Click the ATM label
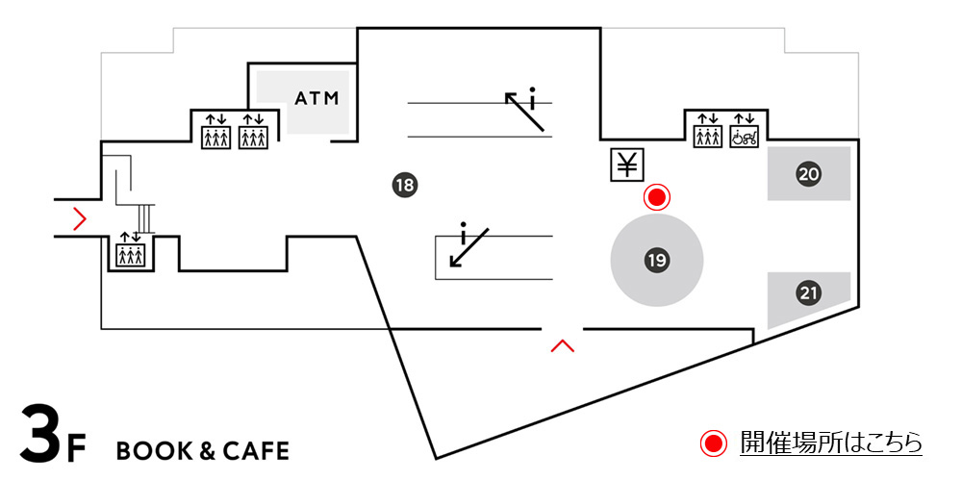(317, 98)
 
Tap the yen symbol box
(627, 165)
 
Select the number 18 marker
(404, 185)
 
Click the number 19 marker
(657, 260)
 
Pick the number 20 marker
(808, 174)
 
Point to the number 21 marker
(808, 292)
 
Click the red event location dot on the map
(657, 197)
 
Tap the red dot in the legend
(712, 443)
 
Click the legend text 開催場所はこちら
(831, 443)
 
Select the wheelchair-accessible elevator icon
(744, 132)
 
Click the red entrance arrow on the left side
(80, 220)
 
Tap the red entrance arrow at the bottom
(562, 344)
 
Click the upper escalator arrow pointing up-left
(525, 109)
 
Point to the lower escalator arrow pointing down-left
(468, 248)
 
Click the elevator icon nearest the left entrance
(130, 251)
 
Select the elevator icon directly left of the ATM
(252, 132)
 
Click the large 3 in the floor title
(42, 436)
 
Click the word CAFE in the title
(256, 451)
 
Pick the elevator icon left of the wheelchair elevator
(708, 132)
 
